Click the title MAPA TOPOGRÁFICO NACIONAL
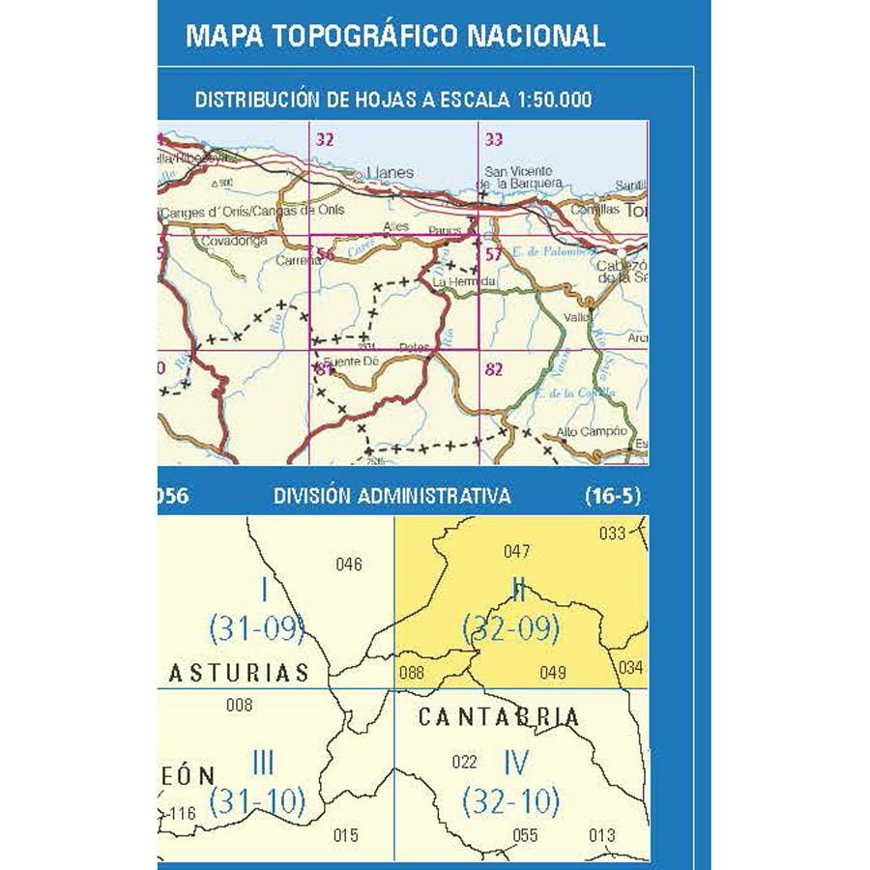coord(394,36)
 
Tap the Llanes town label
coord(391,173)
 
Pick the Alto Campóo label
coord(592,431)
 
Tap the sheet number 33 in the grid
coord(494,140)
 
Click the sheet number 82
coord(495,368)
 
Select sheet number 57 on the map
coord(495,255)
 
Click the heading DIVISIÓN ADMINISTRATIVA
coord(391,497)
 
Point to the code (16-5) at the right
coord(613,497)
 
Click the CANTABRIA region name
coord(499,717)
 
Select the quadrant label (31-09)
coord(257,630)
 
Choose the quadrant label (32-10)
coord(511,800)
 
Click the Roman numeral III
coord(261,764)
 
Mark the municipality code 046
coord(348,565)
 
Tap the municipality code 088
coord(411,673)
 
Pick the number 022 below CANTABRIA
coord(465,761)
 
